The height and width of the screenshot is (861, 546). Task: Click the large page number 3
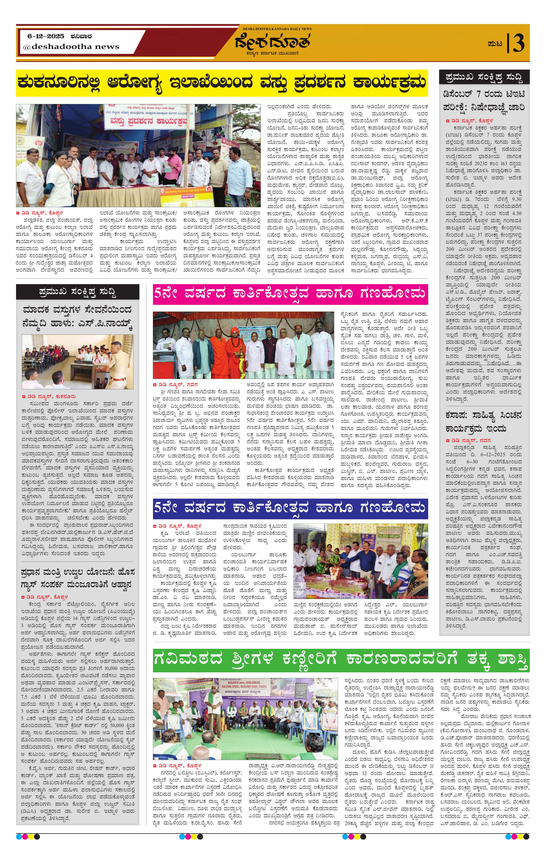[518, 44]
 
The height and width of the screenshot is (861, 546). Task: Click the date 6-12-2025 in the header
[46, 36]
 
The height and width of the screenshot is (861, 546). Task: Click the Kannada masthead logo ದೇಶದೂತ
[272, 42]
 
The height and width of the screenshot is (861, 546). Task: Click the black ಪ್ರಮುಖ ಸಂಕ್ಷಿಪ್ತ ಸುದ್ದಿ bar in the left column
[78, 292]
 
